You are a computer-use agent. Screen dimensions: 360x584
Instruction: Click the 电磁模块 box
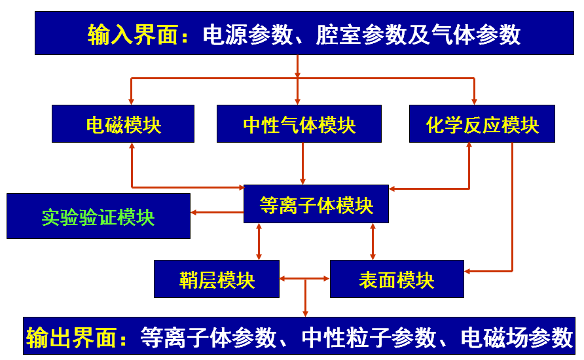coord(123,124)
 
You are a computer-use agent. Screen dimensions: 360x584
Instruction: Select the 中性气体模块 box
coord(299,124)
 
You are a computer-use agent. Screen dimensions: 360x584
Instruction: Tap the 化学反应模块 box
coord(482,124)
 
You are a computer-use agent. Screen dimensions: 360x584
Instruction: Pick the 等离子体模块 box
coord(316,205)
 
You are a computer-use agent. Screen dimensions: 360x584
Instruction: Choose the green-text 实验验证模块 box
coord(98,216)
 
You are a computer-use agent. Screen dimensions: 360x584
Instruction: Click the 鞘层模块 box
coord(217,279)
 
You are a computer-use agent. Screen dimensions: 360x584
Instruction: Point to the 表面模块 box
coord(397,279)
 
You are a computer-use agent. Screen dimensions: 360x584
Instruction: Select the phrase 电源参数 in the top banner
coord(247,35)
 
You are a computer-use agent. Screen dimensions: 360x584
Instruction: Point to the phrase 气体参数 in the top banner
coord(476,35)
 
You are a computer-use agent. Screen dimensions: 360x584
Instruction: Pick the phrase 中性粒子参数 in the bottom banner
coord(369,338)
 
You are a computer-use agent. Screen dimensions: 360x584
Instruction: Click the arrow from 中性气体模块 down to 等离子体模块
coord(302,164)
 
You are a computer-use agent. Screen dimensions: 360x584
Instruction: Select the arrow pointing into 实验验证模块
coord(216,212)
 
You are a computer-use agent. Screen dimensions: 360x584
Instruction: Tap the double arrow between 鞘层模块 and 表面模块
coord(304,279)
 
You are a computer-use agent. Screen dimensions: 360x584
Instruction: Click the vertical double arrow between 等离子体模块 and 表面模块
coord(373,242)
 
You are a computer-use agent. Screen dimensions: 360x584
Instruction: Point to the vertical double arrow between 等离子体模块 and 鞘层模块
coord(259,242)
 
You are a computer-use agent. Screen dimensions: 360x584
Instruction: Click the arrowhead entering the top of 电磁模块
coord(132,100)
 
